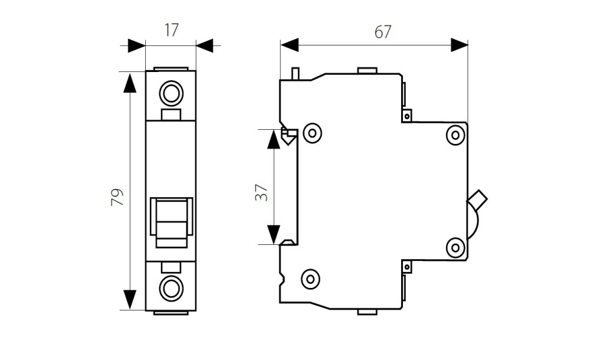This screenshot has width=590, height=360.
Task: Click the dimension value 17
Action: (x=171, y=31)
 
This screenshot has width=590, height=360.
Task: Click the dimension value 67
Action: (x=382, y=32)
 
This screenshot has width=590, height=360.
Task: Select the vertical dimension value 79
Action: (x=117, y=197)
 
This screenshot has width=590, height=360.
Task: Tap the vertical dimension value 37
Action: (x=262, y=190)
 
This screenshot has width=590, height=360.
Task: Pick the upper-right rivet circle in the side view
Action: (x=455, y=135)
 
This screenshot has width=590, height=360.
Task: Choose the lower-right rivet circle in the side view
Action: (x=455, y=247)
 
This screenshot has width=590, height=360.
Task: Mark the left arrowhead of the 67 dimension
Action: (x=290, y=45)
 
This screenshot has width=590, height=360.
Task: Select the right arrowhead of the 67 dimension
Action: (x=459, y=45)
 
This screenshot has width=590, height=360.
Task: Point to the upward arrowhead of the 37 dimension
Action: (x=273, y=139)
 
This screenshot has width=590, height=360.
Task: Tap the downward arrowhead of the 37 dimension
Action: (x=273, y=234)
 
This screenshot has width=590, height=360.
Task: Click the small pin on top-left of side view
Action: (x=296, y=73)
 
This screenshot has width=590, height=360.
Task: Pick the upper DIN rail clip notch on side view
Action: (x=287, y=136)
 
